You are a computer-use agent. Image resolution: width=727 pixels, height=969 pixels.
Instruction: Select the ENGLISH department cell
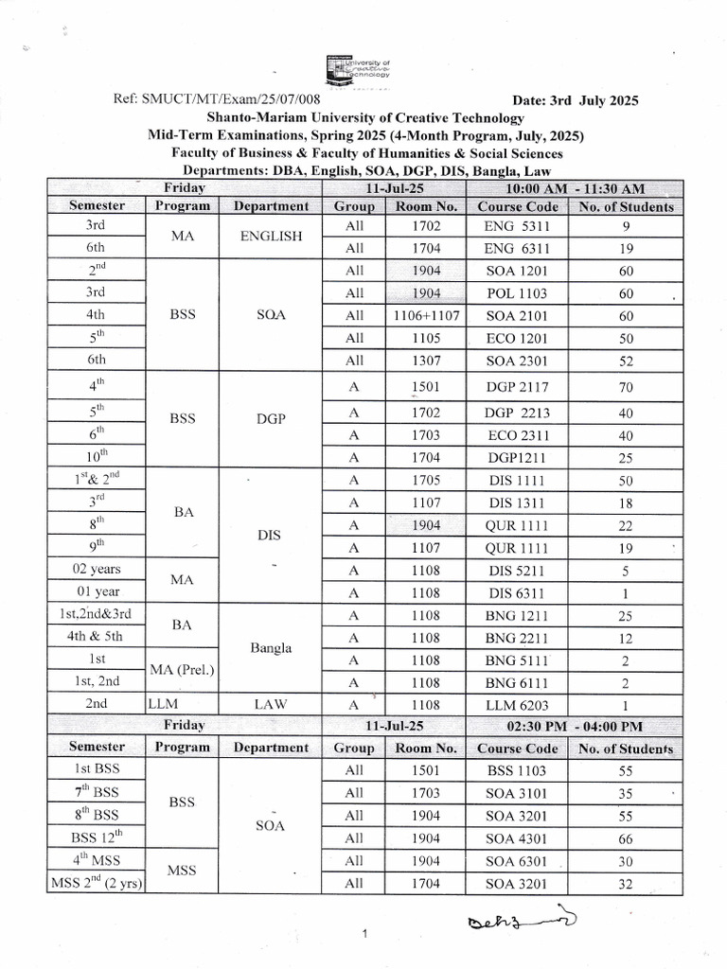(271, 238)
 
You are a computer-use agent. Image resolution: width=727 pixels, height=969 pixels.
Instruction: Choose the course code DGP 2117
(516, 386)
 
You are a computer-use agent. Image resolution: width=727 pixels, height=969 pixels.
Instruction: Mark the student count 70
(626, 386)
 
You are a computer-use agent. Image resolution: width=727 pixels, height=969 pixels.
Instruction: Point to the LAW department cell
(271, 705)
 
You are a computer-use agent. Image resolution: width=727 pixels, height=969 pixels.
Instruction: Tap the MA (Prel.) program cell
(182, 672)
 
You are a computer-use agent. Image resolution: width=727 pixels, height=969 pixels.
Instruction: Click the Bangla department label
(271, 649)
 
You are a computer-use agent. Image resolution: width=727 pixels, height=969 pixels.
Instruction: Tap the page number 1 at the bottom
(364, 935)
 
